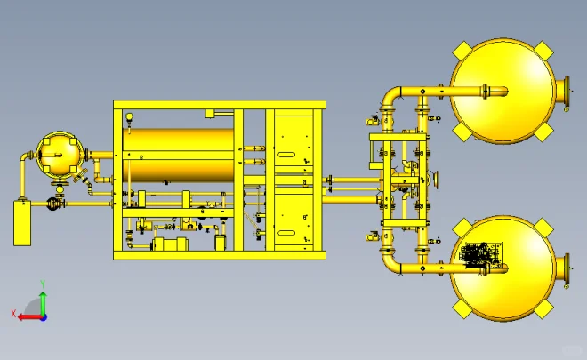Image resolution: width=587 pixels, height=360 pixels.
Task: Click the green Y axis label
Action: click(43, 284)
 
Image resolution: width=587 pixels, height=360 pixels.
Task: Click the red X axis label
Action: click(13, 314)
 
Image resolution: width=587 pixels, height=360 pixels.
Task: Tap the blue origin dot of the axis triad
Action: click(44, 317)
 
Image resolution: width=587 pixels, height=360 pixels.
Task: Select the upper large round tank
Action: click(503, 91)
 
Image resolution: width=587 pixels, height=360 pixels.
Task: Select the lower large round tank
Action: click(503, 268)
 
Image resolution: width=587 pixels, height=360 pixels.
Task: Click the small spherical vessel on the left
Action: click(60, 154)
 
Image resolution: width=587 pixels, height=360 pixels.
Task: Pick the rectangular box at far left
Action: click(22, 223)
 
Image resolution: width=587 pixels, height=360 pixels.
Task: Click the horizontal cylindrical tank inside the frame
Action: click(178, 156)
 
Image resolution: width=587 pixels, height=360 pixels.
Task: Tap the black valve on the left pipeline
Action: click(52, 204)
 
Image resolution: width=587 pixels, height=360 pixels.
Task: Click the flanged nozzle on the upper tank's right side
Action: click(563, 91)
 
